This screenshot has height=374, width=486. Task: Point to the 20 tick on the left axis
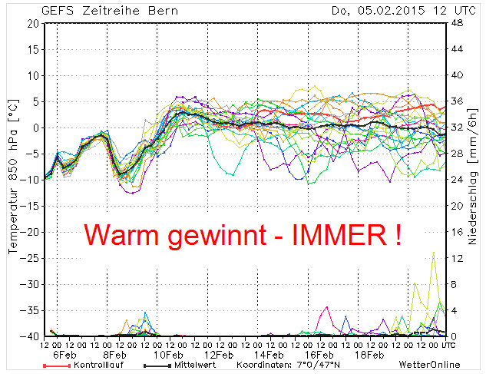tap(31, 23)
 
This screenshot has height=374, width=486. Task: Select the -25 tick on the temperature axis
tap(28, 258)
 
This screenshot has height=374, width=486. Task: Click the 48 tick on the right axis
tap(455, 23)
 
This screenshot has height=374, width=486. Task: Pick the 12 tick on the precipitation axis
tap(455, 258)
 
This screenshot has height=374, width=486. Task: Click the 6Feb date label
tap(64, 356)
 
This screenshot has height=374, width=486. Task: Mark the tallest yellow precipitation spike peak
tap(434, 252)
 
